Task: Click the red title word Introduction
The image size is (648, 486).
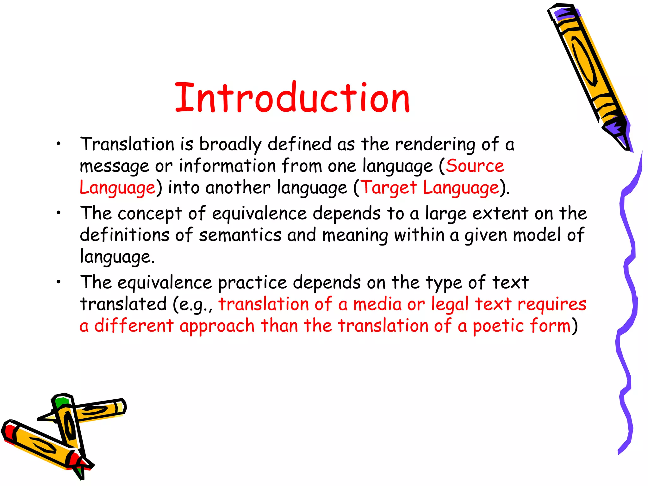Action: click(292, 98)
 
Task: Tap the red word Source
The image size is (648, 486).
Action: click(475, 166)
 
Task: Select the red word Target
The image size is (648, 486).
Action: click(389, 188)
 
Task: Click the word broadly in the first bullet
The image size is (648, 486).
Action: click(230, 145)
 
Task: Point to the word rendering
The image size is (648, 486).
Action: click(435, 145)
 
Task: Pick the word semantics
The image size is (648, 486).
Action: click(240, 235)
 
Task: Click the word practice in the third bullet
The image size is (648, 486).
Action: click(252, 283)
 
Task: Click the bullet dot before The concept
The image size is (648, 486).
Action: click(58, 213)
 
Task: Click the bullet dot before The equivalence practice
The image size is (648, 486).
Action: click(58, 282)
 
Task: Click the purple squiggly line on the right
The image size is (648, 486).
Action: click(628, 285)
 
